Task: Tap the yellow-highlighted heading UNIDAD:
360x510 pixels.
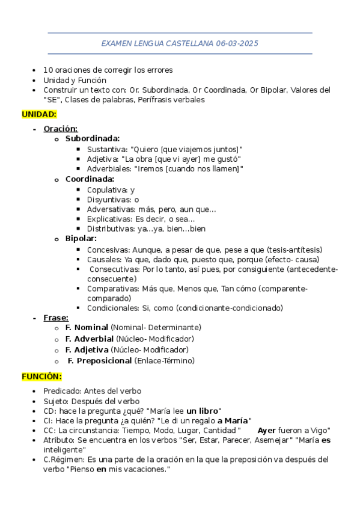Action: pyautogui.click(x=39, y=114)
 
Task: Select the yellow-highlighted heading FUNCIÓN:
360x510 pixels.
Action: pyautogui.click(x=41, y=376)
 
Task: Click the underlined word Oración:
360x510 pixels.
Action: pyautogui.click(x=61, y=128)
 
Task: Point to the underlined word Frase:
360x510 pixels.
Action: pyautogui.click(x=56, y=318)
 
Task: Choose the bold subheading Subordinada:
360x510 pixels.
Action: pyautogui.click(x=93, y=138)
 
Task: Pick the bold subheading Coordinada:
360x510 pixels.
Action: pyautogui.click(x=90, y=179)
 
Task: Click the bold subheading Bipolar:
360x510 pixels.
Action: pyautogui.click(x=81, y=239)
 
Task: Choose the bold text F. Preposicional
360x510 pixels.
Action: pyautogui.click(x=100, y=360)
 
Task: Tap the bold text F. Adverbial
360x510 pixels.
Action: pyautogui.click(x=90, y=339)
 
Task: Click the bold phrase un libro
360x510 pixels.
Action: pyautogui.click(x=203, y=411)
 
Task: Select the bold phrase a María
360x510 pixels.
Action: pyautogui.click(x=233, y=420)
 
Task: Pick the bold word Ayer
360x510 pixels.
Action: pyautogui.click(x=267, y=431)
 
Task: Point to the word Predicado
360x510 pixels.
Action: pyautogui.click(x=63, y=391)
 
